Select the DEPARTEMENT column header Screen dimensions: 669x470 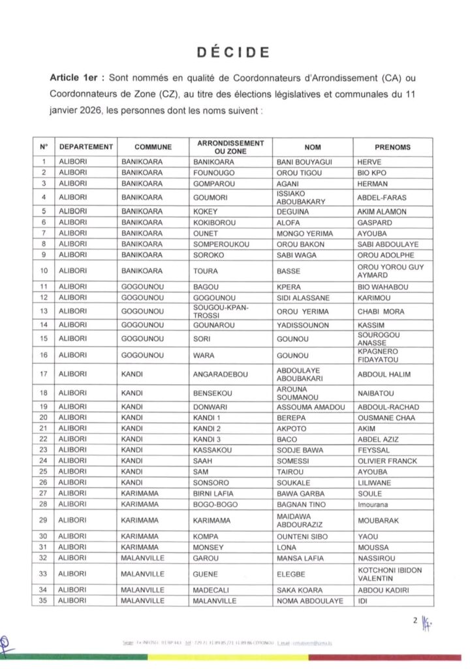[86, 147]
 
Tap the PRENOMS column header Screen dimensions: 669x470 [392, 147]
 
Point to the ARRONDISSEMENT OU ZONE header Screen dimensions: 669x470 [230, 147]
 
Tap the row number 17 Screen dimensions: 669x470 [43, 374]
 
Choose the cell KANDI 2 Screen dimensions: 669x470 [208, 428]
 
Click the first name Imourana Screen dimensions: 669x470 [375, 504]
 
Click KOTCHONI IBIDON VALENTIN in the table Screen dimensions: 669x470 [390, 574]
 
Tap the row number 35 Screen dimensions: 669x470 [43, 600]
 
